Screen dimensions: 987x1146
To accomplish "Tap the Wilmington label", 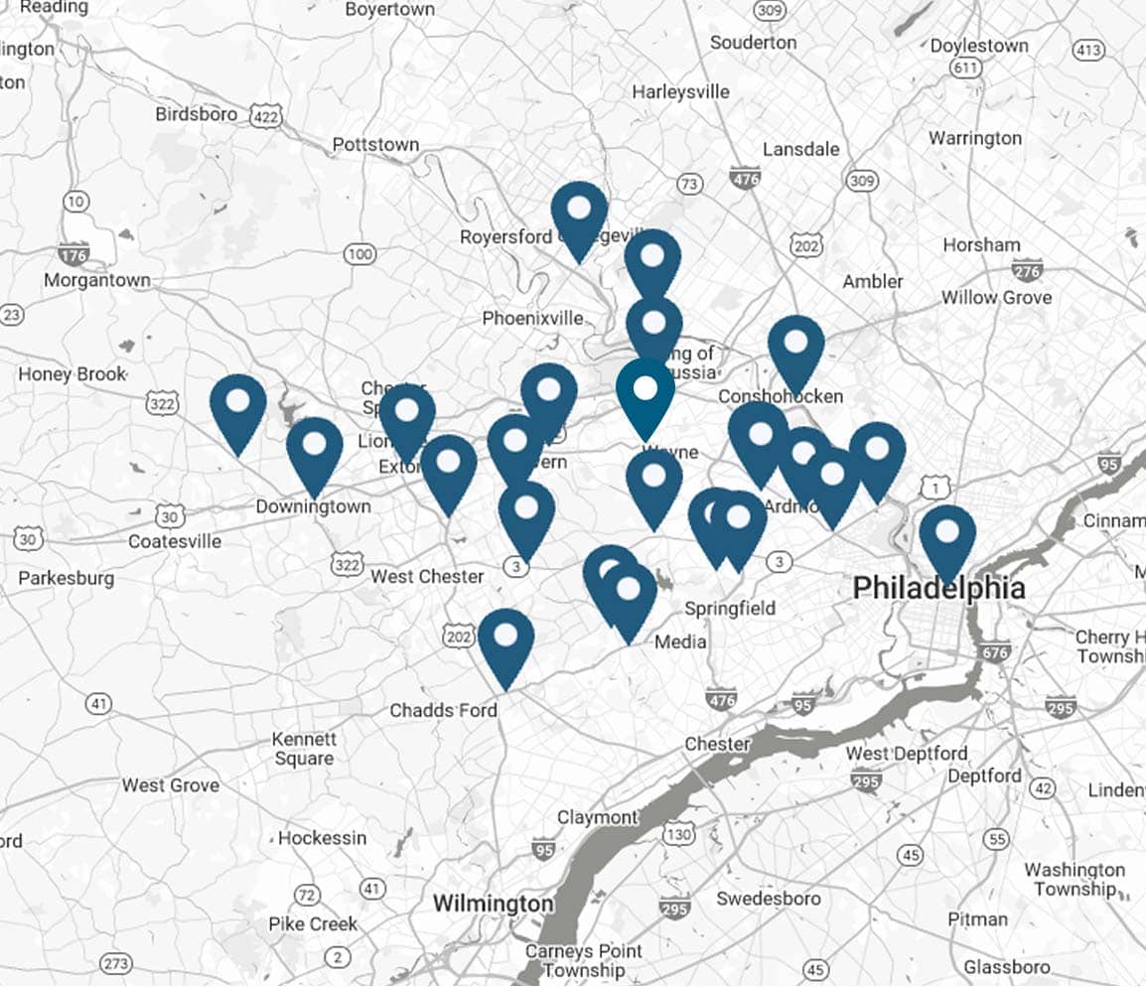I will tap(493, 904).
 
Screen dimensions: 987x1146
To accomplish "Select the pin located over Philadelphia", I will tap(947, 537).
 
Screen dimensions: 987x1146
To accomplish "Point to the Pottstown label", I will tap(375, 145).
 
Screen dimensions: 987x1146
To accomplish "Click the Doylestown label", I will tap(979, 46).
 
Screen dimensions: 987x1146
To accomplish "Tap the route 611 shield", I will tap(965, 68).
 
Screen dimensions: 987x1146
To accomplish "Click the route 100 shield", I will tap(359, 255).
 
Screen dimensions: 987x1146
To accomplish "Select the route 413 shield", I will tap(1089, 50).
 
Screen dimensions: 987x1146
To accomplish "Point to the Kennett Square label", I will tap(305, 749).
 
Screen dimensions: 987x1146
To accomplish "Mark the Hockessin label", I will tap(322, 838).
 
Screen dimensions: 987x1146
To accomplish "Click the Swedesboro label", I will tap(769, 899).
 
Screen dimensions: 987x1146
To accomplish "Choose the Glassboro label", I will tap(1007, 966).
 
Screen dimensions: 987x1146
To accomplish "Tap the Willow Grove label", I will tap(997, 297).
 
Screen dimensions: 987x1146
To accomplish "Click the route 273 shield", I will tap(116, 963).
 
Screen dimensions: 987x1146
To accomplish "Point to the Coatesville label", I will tap(175, 541).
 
